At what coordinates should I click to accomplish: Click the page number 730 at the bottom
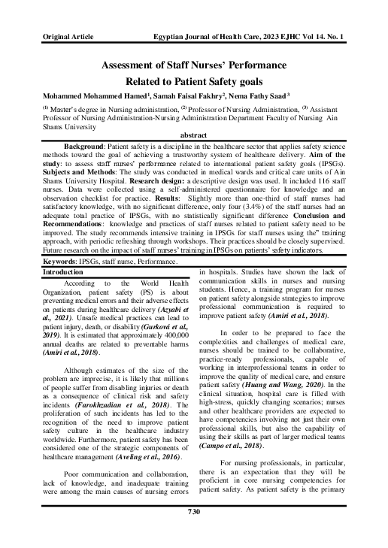[x=193, y=533]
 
